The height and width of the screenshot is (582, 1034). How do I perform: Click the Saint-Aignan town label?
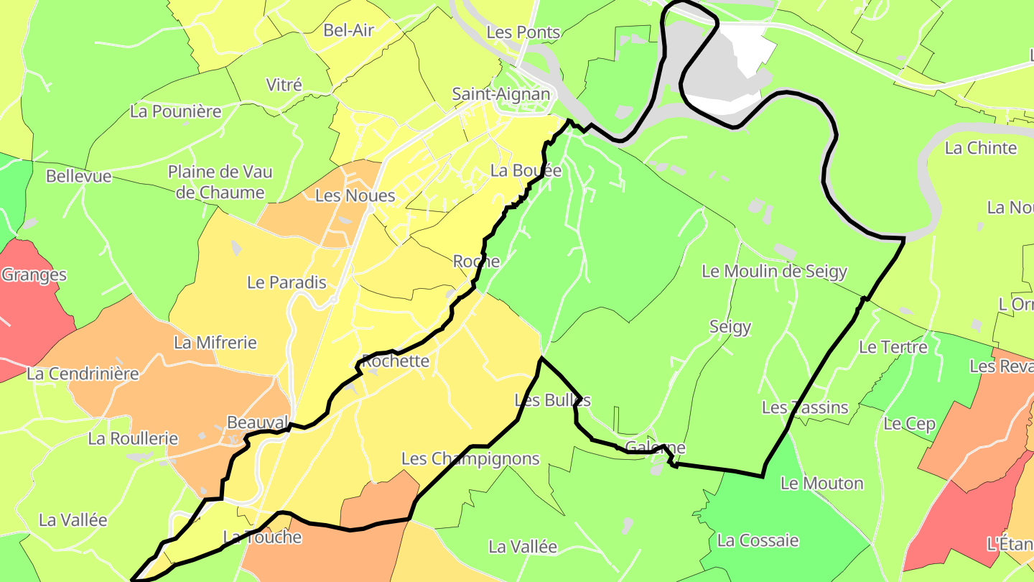tap(500, 94)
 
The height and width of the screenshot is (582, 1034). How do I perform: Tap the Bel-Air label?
tap(348, 30)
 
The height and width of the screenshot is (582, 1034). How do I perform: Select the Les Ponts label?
tap(523, 32)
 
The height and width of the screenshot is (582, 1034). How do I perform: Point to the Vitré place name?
tap(284, 85)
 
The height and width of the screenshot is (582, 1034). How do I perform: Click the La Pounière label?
tap(176, 111)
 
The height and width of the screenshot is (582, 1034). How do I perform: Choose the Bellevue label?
tap(79, 176)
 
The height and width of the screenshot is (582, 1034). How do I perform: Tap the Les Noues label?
tap(355, 195)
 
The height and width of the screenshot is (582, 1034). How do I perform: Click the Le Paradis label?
tap(287, 282)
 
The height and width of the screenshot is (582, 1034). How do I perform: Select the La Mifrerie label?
tap(215, 343)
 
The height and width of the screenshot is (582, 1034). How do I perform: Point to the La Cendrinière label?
tap(83, 374)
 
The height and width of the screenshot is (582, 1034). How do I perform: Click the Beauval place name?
tap(257, 422)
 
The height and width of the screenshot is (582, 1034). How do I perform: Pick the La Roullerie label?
tap(133, 438)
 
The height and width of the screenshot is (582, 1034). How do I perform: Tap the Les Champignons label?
tap(470, 458)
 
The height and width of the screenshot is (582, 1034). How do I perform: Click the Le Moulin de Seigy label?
tap(774, 272)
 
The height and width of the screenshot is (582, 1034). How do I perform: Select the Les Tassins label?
tap(805, 407)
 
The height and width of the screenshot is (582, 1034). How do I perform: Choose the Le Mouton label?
tap(821, 483)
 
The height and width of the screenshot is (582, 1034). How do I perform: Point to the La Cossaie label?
tap(758, 540)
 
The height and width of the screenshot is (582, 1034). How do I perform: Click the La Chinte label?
tap(981, 148)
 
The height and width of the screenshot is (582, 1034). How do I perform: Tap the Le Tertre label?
tap(893, 347)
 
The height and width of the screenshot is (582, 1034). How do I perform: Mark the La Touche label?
tap(262, 537)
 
